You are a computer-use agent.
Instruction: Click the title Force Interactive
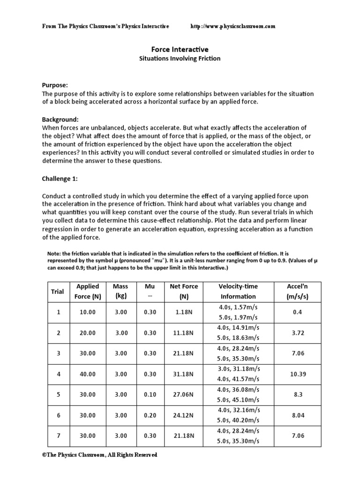pyautogui.click(x=180, y=49)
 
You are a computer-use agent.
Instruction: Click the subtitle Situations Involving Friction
pyautogui.click(x=180, y=59)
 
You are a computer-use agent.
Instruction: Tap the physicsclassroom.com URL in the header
pyautogui.click(x=233, y=26)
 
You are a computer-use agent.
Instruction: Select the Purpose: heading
pyautogui.click(x=55, y=85)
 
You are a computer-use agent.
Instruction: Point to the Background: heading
pyautogui.click(x=60, y=120)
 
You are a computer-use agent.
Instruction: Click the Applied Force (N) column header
pyautogui.click(x=87, y=291)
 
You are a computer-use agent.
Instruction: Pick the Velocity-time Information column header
pyautogui.click(x=238, y=291)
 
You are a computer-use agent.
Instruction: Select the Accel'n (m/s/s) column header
pyautogui.click(x=297, y=291)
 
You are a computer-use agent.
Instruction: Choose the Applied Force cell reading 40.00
pyautogui.click(x=87, y=374)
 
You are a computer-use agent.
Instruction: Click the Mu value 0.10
pyautogui.click(x=150, y=394)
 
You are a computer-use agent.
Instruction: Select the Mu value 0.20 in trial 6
pyautogui.click(x=150, y=415)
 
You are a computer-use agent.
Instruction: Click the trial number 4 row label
pyautogui.click(x=58, y=374)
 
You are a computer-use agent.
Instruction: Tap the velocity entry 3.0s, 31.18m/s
pyautogui.click(x=238, y=368)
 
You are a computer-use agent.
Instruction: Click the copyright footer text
pyautogui.click(x=99, y=455)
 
